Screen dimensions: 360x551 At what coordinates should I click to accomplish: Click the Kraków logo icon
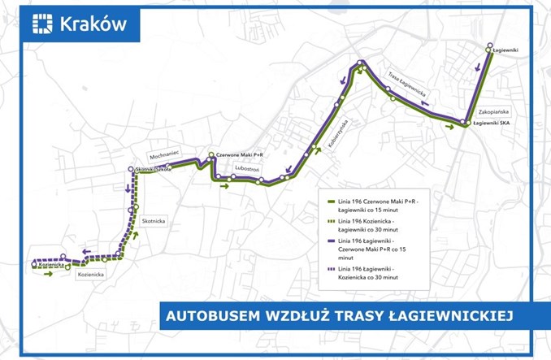(41, 23)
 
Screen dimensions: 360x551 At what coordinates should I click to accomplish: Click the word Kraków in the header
(93, 24)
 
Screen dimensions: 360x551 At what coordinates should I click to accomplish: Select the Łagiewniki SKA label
(491, 123)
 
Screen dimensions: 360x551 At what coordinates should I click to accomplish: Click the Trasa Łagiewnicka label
(407, 86)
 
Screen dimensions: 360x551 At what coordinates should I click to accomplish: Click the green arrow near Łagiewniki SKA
(449, 126)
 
